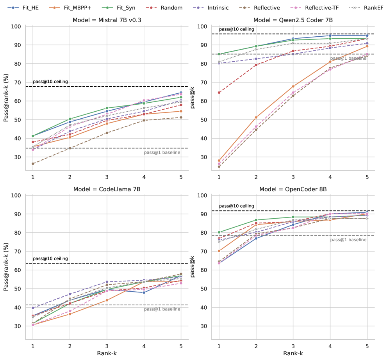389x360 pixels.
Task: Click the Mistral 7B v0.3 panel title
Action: (x=107, y=20)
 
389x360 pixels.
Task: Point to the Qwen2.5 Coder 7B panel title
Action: (x=293, y=20)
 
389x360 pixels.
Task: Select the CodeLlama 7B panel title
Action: (x=107, y=189)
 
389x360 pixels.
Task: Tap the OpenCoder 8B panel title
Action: (x=293, y=189)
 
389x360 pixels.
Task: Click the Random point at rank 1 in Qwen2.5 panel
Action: (x=219, y=93)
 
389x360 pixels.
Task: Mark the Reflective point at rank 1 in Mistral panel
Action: (x=33, y=164)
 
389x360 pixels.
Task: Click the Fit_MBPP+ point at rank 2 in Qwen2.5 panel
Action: (x=256, y=117)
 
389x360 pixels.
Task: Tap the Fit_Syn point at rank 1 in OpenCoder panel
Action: (x=219, y=232)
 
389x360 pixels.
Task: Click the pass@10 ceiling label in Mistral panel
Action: (x=50, y=82)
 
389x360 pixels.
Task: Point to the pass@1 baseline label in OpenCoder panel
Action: (x=348, y=240)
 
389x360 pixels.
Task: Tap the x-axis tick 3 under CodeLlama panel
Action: (x=107, y=346)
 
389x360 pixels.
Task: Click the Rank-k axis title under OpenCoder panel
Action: (x=293, y=353)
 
